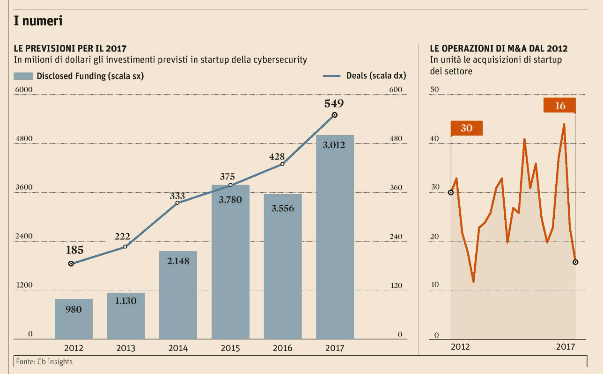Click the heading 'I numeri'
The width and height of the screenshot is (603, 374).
[x=38, y=21]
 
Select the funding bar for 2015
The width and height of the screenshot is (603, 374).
[x=230, y=262]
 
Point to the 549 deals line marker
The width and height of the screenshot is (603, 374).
[x=334, y=115]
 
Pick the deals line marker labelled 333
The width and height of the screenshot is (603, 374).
[x=177, y=202]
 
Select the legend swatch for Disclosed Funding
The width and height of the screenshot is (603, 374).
[x=23, y=76]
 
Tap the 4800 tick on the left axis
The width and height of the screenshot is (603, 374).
[x=24, y=139]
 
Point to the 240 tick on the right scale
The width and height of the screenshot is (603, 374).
[x=396, y=237]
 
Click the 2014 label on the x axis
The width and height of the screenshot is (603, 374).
[x=178, y=348]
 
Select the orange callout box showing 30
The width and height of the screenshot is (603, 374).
[x=466, y=128]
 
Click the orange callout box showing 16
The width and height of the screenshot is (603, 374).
[x=560, y=106]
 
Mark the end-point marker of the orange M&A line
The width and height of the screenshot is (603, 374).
[x=575, y=262]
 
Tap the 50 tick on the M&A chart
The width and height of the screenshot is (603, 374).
[x=434, y=90]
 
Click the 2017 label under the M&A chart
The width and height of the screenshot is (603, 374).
[x=566, y=347]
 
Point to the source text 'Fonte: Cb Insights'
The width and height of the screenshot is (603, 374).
[x=44, y=361]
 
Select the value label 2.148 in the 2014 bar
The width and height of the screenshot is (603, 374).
[x=178, y=261]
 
